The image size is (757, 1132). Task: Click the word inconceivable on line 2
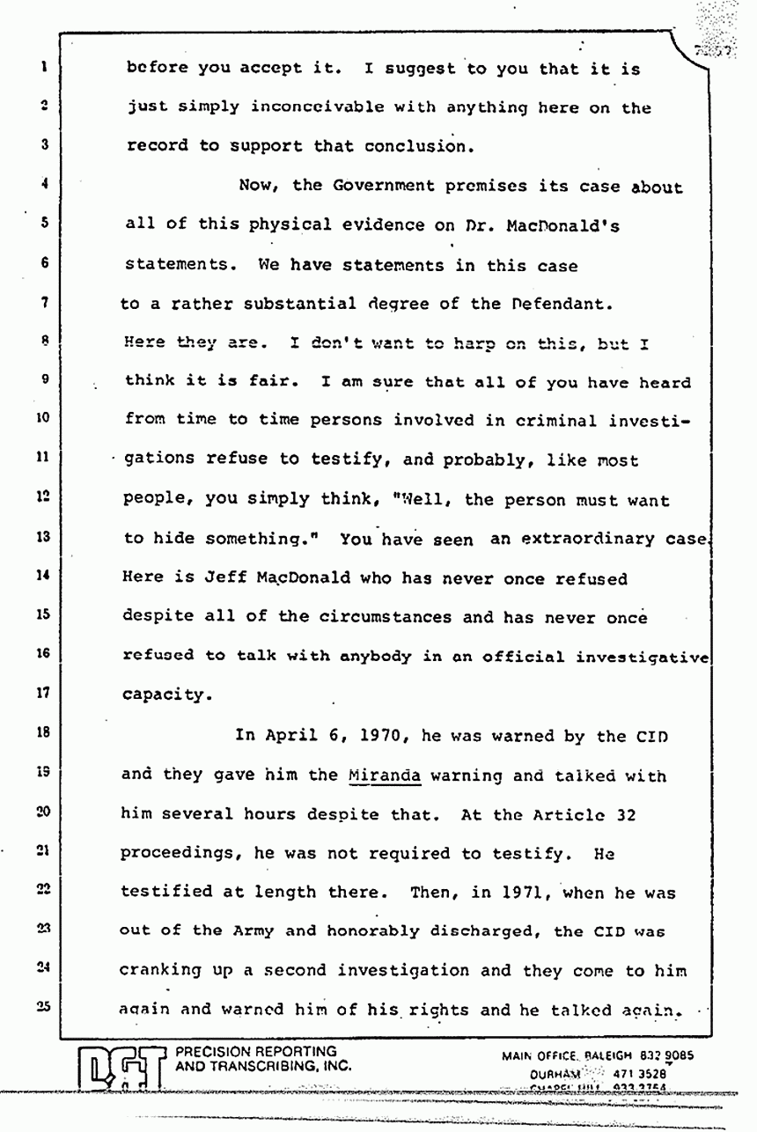tap(302, 108)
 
